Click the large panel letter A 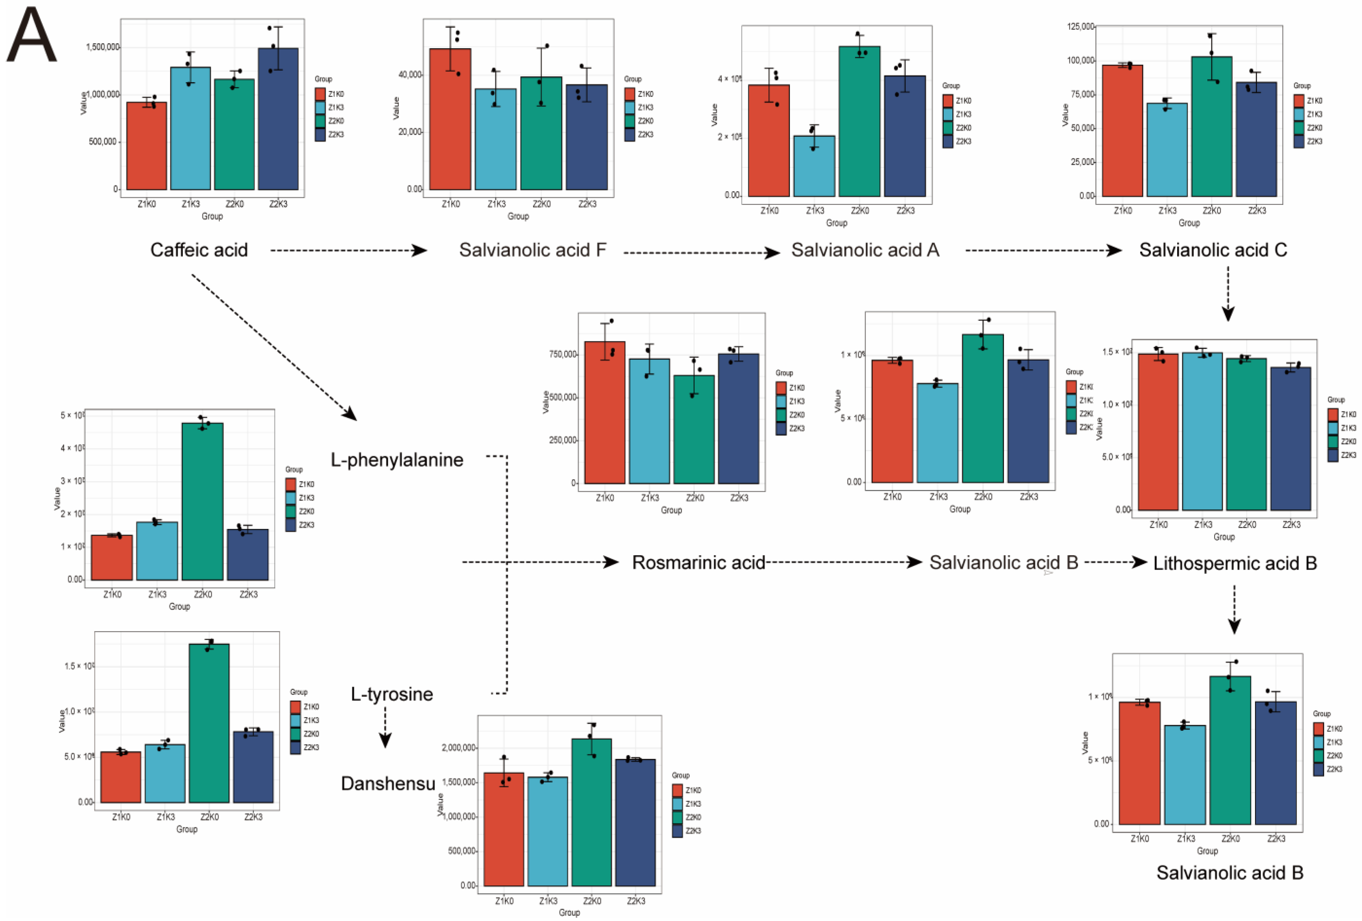click(32, 35)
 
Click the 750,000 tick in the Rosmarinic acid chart click(563, 354)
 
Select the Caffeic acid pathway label click(199, 250)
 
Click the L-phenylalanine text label click(397, 460)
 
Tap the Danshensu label click(388, 783)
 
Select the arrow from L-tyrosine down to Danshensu click(385, 728)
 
